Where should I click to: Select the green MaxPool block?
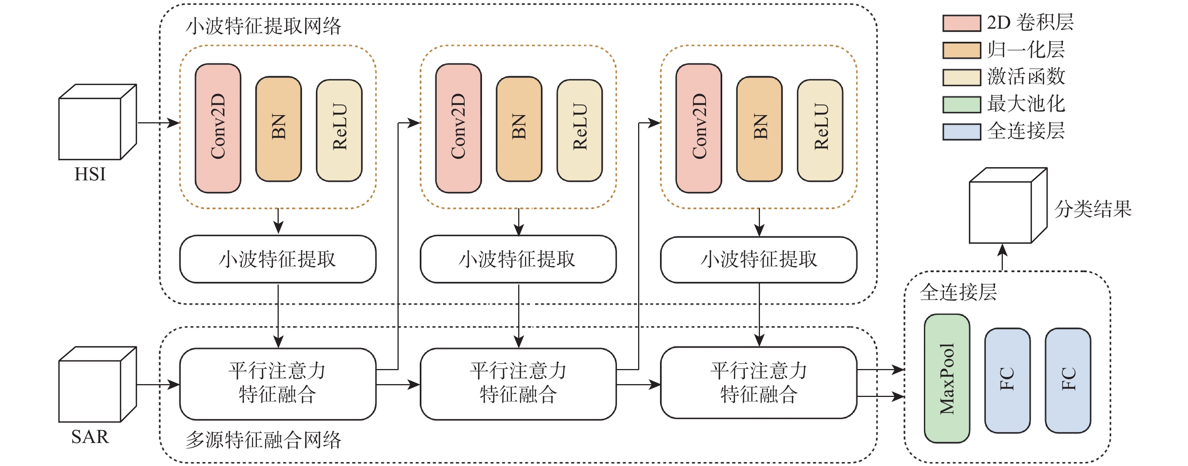[947, 378]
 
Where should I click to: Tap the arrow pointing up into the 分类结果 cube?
[1002, 257]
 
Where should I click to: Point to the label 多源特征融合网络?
[263, 440]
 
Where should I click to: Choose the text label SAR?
[90, 437]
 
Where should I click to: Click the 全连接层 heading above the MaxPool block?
[958, 292]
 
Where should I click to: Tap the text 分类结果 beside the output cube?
[1093, 209]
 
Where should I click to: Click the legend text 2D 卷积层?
[1030, 23]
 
